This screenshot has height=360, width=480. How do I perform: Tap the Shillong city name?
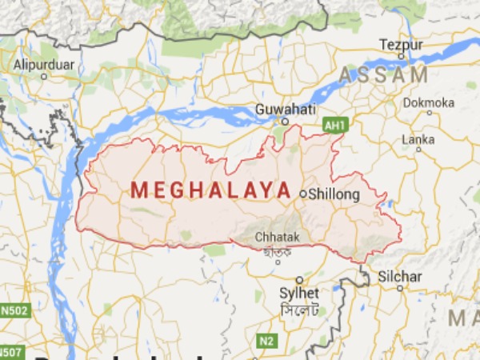tap(335, 194)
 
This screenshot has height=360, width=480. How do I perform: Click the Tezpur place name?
tap(401, 44)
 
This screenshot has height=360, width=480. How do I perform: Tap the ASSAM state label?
tap(384, 75)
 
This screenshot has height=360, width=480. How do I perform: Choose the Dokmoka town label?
tap(429, 102)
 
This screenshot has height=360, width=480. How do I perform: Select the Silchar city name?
tap(400, 277)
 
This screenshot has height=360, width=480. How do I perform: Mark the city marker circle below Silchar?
tap(399, 289)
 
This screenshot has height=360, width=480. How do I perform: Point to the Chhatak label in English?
tap(274, 238)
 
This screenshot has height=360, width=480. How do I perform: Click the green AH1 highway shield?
tap(334, 126)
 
